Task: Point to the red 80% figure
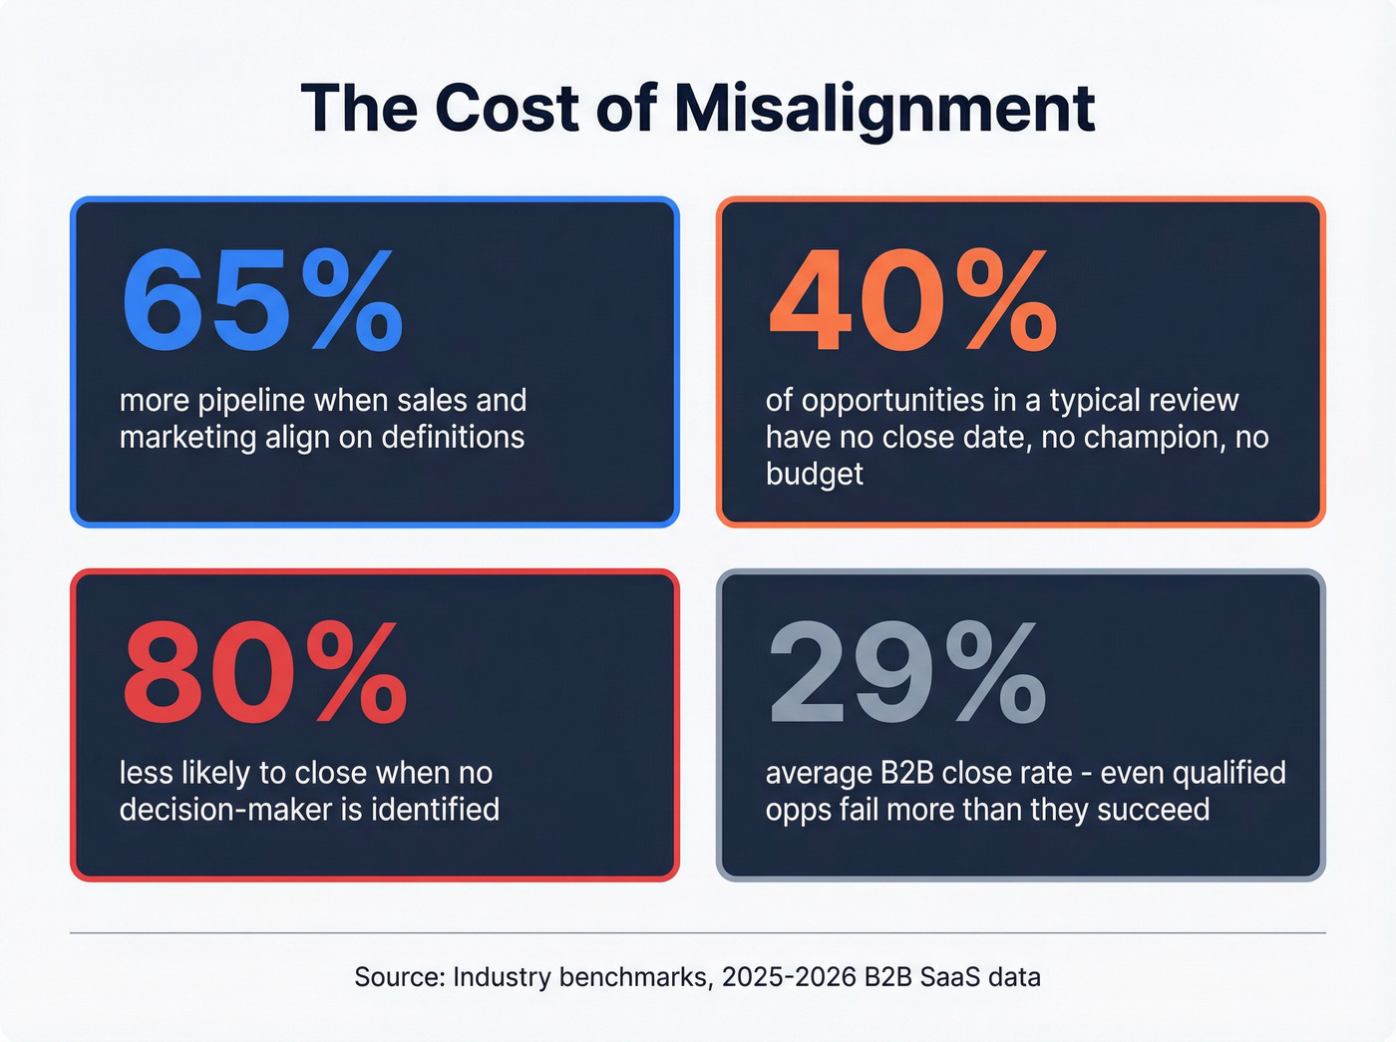pos(263,673)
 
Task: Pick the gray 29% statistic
pos(906,673)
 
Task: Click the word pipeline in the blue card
pos(251,401)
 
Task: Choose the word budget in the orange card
pos(814,474)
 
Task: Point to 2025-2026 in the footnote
pos(789,977)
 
